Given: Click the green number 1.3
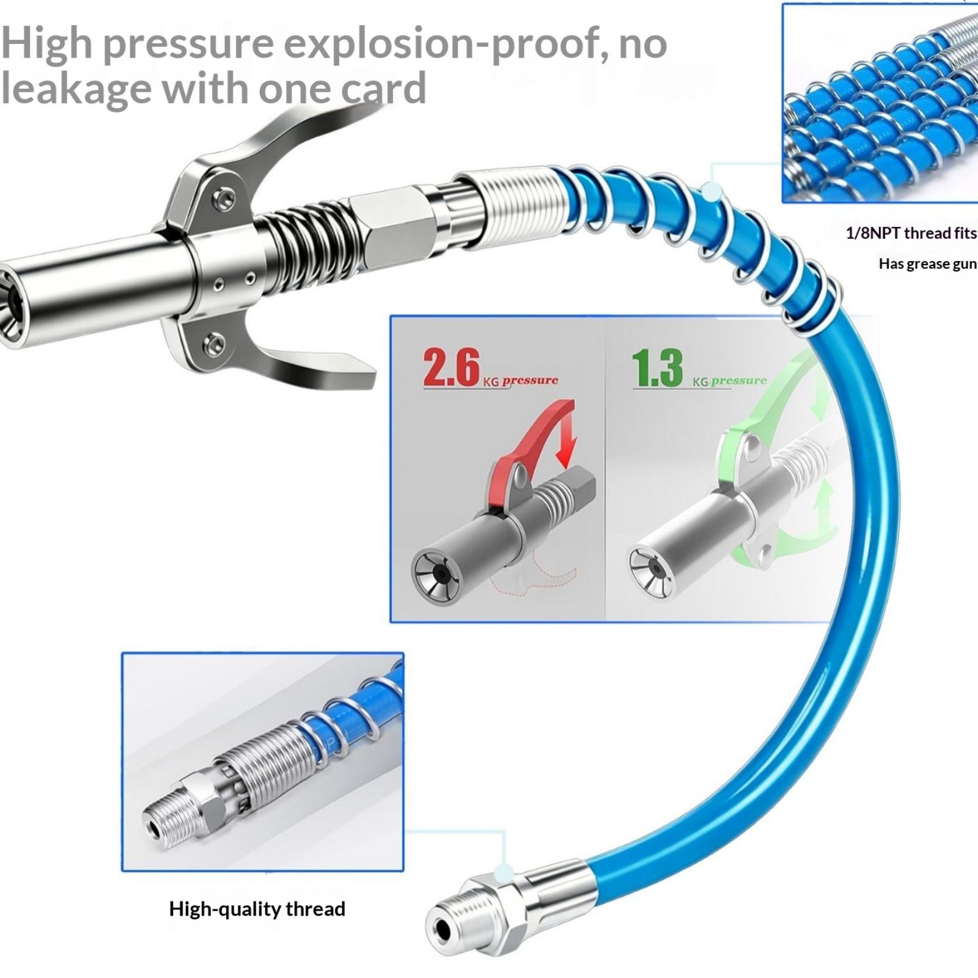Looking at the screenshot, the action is pyautogui.click(x=657, y=368).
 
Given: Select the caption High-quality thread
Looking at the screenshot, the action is pyautogui.click(x=257, y=909).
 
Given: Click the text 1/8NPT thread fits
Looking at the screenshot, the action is pyautogui.click(x=911, y=233).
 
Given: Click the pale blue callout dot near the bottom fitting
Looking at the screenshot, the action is pyautogui.click(x=504, y=872).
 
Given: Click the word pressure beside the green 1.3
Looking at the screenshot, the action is pyautogui.click(x=738, y=380).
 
